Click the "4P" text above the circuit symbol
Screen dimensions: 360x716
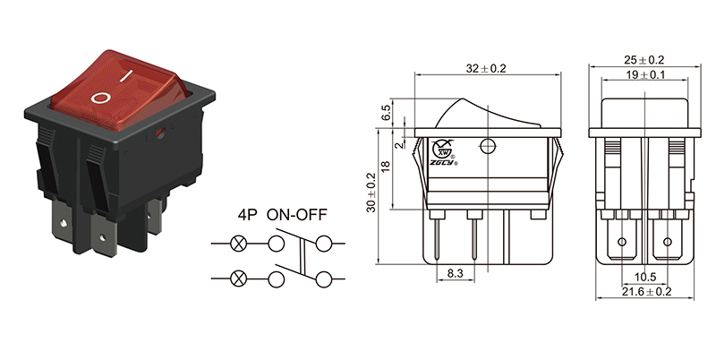click(248, 217)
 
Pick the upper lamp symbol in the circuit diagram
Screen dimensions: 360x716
click(239, 244)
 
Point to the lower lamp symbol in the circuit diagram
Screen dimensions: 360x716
click(239, 278)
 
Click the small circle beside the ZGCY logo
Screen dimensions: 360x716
click(488, 147)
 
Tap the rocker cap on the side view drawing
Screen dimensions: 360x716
click(488, 115)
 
